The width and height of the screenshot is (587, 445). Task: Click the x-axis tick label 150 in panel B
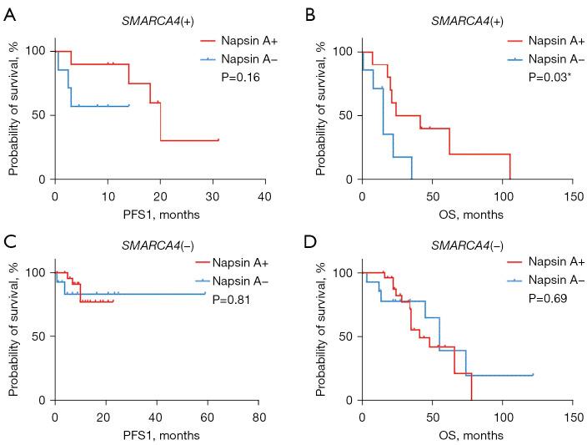pyautogui.click(x=573, y=195)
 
